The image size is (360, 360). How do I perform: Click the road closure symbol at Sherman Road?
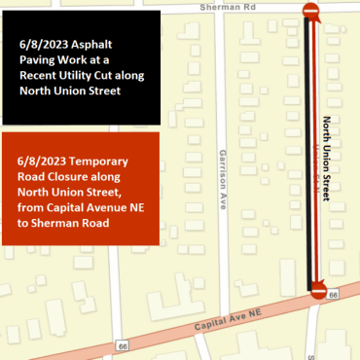coord(310,12)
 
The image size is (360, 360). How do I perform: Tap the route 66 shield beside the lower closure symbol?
coord(335,294)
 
